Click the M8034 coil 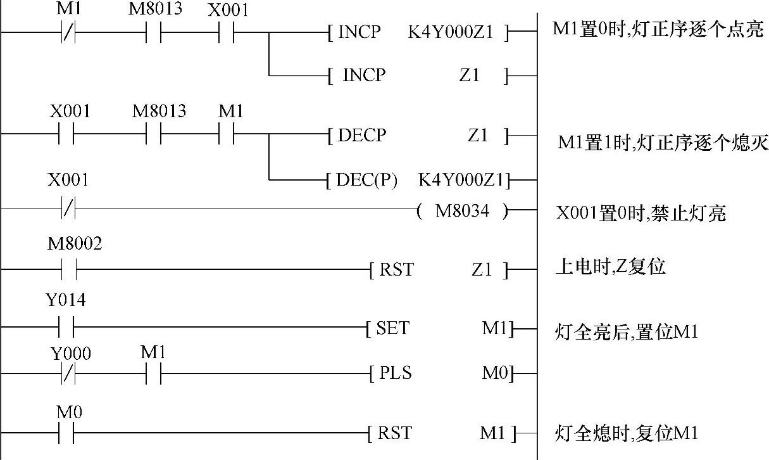pyautogui.click(x=462, y=212)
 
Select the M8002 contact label pyautogui.click(x=75, y=245)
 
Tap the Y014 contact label pyautogui.click(x=66, y=301)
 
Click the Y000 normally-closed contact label pyautogui.click(x=70, y=354)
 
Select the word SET pyautogui.click(x=392, y=328)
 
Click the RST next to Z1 pyautogui.click(x=396, y=270)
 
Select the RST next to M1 pyautogui.click(x=394, y=433)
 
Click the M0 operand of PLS pyautogui.click(x=494, y=373)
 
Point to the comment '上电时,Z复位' pyautogui.click(x=610, y=267)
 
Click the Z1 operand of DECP pyautogui.click(x=478, y=135)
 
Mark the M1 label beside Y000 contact pyautogui.click(x=153, y=353)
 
